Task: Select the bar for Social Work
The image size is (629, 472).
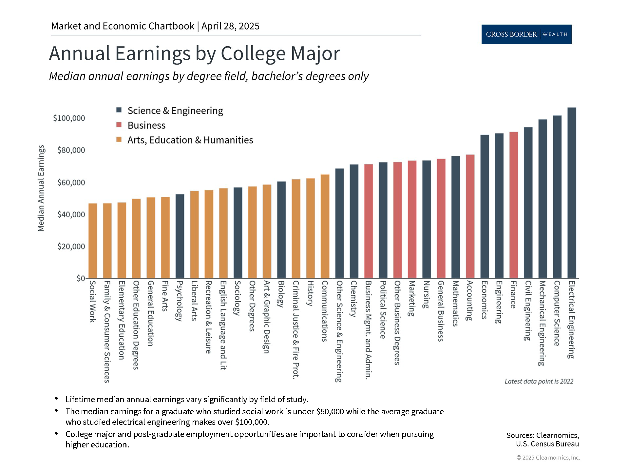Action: tap(93, 241)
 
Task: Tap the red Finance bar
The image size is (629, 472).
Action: tap(514, 205)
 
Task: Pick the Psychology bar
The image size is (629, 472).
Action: tap(180, 236)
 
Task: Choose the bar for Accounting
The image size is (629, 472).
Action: tap(470, 216)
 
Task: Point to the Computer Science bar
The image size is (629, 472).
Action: tap(557, 197)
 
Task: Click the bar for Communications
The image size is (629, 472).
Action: tap(325, 226)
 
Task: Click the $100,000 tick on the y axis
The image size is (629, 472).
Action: tap(69, 118)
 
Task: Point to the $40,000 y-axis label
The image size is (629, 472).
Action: tap(71, 214)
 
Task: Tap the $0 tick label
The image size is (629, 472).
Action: tap(81, 278)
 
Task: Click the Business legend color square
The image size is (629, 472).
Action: tap(119, 125)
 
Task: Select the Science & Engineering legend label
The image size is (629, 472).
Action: tap(175, 111)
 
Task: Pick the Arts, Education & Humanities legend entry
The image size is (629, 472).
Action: tap(190, 140)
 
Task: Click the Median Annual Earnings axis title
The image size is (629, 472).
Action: tap(41, 188)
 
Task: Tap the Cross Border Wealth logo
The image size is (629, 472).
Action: tap(526, 34)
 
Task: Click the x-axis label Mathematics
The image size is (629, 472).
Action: tap(455, 303)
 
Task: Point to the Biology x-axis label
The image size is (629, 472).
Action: tap(281, 293)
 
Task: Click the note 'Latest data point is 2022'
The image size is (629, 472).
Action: tap(539, 381)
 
